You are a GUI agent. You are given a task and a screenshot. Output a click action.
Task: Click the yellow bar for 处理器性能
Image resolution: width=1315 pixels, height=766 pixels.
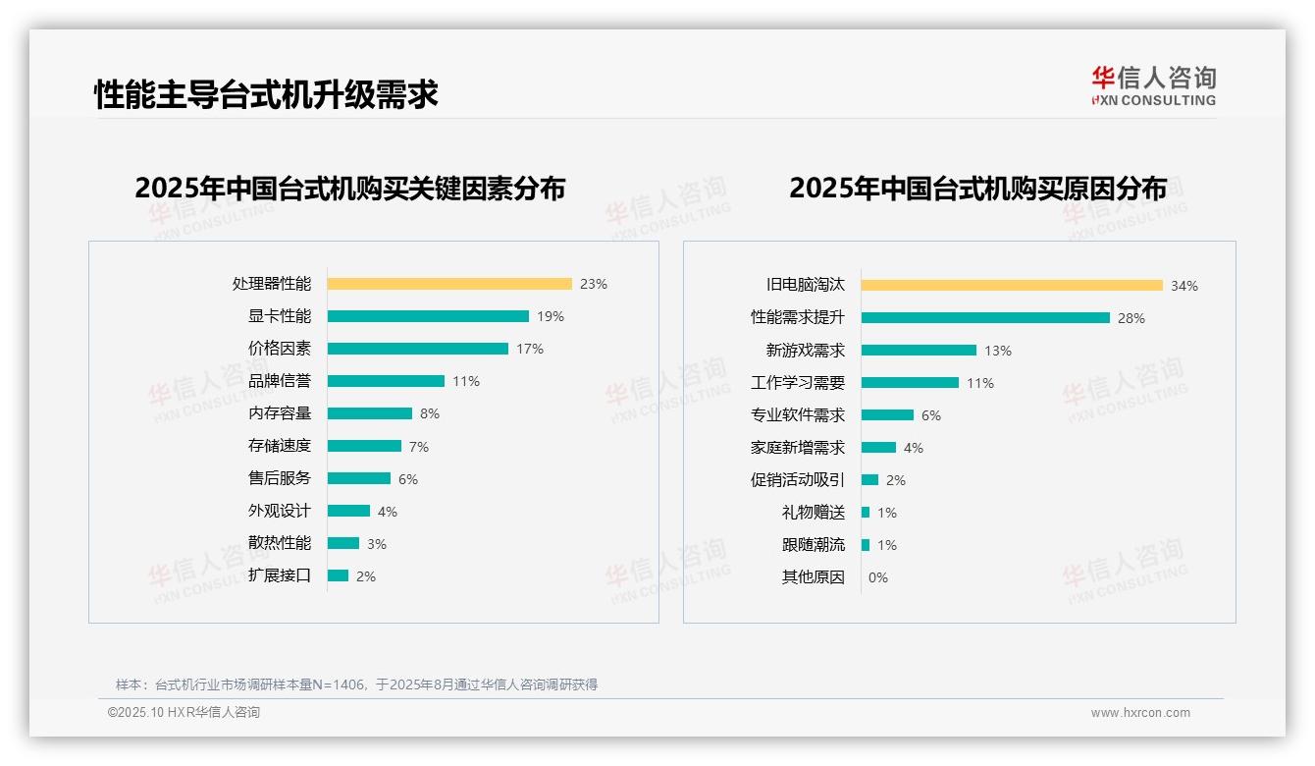click(448, 284)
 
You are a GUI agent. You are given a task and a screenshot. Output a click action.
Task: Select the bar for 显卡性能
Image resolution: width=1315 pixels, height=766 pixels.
click(428, 316)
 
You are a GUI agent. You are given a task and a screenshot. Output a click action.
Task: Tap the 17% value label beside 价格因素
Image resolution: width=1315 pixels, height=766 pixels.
click(530, 349)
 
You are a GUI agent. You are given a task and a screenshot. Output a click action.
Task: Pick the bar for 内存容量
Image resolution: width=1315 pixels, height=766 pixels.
click(369, 413)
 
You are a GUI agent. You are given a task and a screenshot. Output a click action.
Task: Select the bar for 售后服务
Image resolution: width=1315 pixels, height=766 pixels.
click(358, 478)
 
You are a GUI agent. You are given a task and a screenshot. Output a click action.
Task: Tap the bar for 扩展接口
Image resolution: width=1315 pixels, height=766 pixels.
click(338, 575)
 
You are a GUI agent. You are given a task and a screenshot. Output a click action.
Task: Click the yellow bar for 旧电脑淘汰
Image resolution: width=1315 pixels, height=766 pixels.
click(1012, 286)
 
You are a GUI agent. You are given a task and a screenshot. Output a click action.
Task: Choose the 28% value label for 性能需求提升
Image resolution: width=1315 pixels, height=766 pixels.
click(1131, 318)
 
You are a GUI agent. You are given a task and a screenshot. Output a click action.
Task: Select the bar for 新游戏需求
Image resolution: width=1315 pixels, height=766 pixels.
click(919, 351)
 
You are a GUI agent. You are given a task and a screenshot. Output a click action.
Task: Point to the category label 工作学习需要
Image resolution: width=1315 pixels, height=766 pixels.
click(797, 383)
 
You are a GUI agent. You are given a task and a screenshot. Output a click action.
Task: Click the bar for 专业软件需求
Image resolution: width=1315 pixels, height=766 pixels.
click(887, 415)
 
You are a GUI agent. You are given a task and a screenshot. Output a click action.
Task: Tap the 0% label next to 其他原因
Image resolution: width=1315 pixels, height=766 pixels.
click(878, 577)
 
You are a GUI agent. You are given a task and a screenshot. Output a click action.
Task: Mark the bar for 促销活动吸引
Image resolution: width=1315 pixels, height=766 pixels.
click(869, 480)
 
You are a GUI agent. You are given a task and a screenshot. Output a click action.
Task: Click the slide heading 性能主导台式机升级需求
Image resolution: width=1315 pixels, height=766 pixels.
click(266, 94)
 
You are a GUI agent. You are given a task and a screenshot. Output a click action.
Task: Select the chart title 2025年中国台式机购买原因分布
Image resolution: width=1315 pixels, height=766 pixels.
click(977, 188)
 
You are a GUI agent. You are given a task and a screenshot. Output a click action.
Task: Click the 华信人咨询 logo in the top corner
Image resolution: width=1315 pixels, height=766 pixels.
click(1153, 85)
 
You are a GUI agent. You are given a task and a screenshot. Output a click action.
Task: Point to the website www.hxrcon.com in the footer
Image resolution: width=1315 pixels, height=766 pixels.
click(1140, 713)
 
